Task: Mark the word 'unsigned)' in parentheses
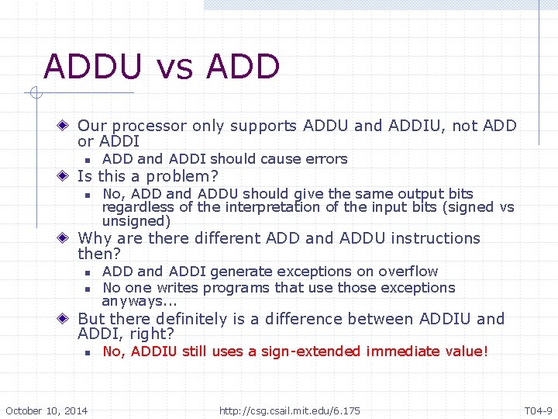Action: pyautogui.click(x=136, y=221)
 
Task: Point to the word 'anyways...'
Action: pyautogui.click(x=139, y=301)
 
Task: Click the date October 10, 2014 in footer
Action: pyautogui.click(x=46, y=410)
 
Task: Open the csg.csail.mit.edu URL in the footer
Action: pyautogui.click(x=290, y=410)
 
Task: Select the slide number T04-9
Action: pyautogui.click(x=538, y=410)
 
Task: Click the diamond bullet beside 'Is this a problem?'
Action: pyautogui.click(x=67, y=177)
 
